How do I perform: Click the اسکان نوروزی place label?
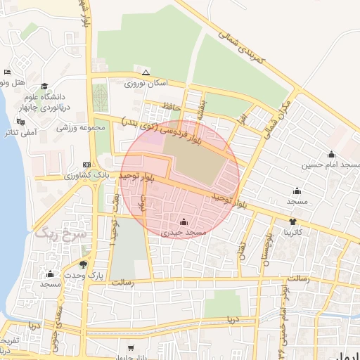tap(146, 84)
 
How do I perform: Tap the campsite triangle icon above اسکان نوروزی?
tap(146, 72)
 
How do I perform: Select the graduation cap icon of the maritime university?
tap(44, 86)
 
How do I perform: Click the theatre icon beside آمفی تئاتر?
tap(19, 121)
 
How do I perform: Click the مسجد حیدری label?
tap(184, 232)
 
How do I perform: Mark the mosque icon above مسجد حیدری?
tap(184, 222)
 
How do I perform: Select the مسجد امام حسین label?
tap(331, 165)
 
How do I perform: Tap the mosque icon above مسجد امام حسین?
tap(331, 155)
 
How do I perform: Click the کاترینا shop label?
tap(292, 231)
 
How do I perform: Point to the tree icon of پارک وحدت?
tap(84, 265)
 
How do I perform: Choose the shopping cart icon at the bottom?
tap(131, 348)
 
